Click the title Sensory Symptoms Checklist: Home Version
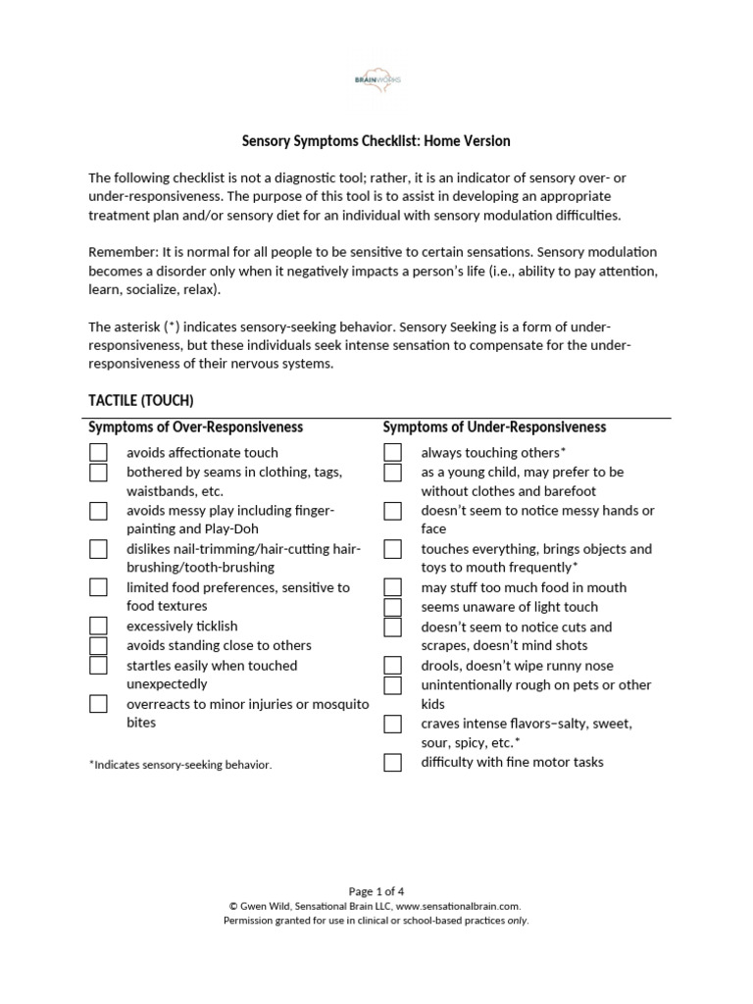click(x=376, y=141)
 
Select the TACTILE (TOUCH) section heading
click(x=141, y=400)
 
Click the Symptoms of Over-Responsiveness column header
click(x=195, y=427)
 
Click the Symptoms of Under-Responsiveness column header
click(x=494, y=427)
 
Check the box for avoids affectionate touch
click(x=98, y=452)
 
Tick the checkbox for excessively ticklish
click(x=98, y=626)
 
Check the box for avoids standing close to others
click(x=98, y=645)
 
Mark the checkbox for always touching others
click(x=392, y=452)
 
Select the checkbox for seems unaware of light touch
click(x=392, y=607)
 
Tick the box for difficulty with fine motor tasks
click(x=392, y=762)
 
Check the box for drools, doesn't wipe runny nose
click(x=392, y=666)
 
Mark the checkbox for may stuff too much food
click(x=392, y=587)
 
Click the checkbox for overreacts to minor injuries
click(x=98, y=704)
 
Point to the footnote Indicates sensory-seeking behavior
click(x=180, y=765)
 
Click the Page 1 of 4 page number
click(x=376, y=891)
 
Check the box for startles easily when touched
click(x=98, y=665)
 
